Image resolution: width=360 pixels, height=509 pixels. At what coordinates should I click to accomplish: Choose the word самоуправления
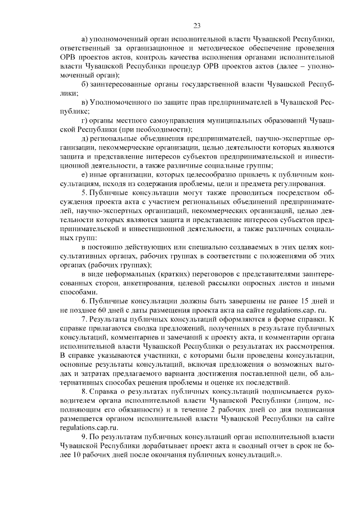[x=159, y=121]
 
